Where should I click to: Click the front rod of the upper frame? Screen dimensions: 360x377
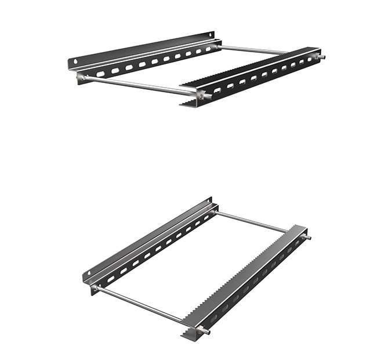pos(139,85)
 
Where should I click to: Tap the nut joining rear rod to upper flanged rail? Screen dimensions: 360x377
pos(216,46)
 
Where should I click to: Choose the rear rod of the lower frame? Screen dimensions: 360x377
pos(252,221)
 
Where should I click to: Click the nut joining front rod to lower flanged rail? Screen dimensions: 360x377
pos(95,287)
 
